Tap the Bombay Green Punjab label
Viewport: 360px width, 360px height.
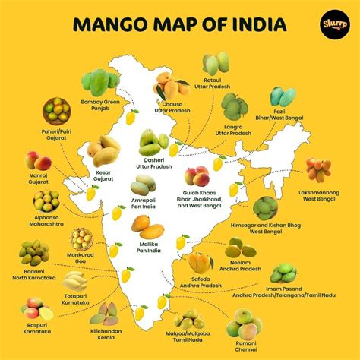click(x=101, y=105)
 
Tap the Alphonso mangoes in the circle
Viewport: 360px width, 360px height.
click(x=47, y=201)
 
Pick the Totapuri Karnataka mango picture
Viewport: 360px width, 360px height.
click(x=75, y=280)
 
